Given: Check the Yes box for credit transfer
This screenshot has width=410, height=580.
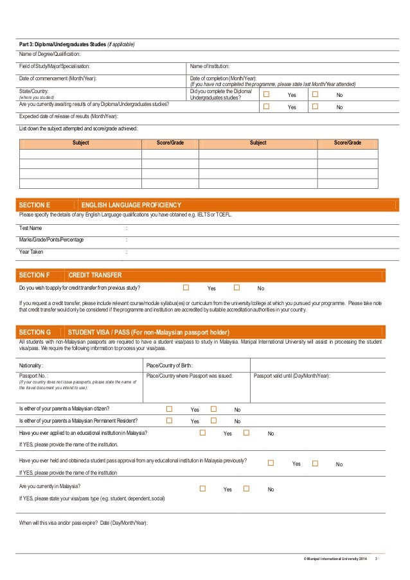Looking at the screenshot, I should tap(186, 288).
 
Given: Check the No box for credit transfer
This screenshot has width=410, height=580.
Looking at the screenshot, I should tap(236, 288).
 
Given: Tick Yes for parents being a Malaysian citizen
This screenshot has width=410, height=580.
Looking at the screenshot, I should tap(170, 409).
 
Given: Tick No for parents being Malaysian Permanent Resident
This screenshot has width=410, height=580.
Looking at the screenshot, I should tap(214, 421).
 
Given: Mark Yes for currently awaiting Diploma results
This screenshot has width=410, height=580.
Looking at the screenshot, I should tap(266, 107).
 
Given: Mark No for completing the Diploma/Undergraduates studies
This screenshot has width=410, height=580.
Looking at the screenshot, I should tap(315, 94).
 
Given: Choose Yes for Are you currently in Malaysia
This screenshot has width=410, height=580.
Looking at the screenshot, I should tap(202, 489).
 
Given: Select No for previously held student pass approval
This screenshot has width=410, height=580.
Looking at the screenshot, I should tap(315, 463).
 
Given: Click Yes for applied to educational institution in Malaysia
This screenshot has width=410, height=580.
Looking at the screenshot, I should tap(202, 433).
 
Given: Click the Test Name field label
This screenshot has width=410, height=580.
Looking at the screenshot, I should tap(31, 228).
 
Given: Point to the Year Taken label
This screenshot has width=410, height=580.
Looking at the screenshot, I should tap(31, 252).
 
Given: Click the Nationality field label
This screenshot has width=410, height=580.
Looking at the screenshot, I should tap(32, 365).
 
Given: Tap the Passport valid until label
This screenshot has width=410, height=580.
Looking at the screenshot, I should tap(292, 376).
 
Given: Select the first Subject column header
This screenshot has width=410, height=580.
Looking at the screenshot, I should tap(81, 143).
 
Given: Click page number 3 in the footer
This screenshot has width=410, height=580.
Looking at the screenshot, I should tap(376, 564).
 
